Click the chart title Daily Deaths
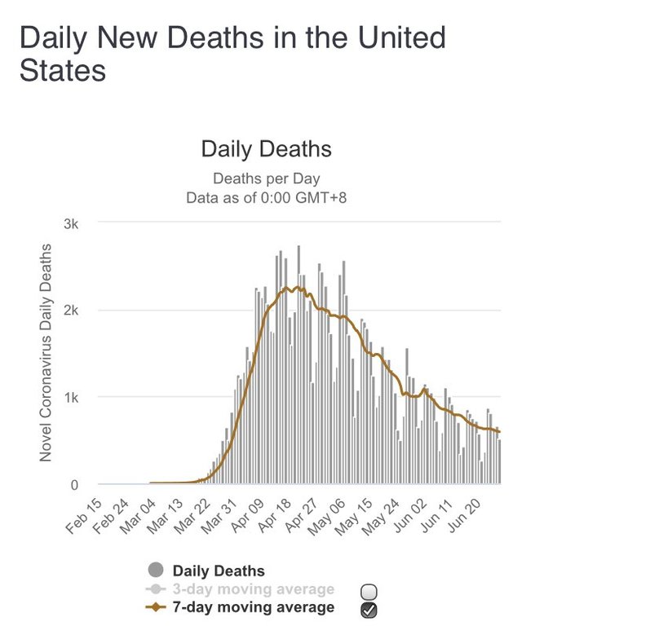click(x=266, y=149)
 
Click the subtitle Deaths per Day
click(x=266, y=179)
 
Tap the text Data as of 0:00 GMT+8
click(x=266, y=196)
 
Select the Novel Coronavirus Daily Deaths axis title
click(x=46, y=352)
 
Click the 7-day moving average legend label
click(x=254, y=607)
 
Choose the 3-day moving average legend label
click(x=254, y=589)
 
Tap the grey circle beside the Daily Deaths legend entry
click(x=157, y=571)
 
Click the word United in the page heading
click(x=392, y=38)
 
